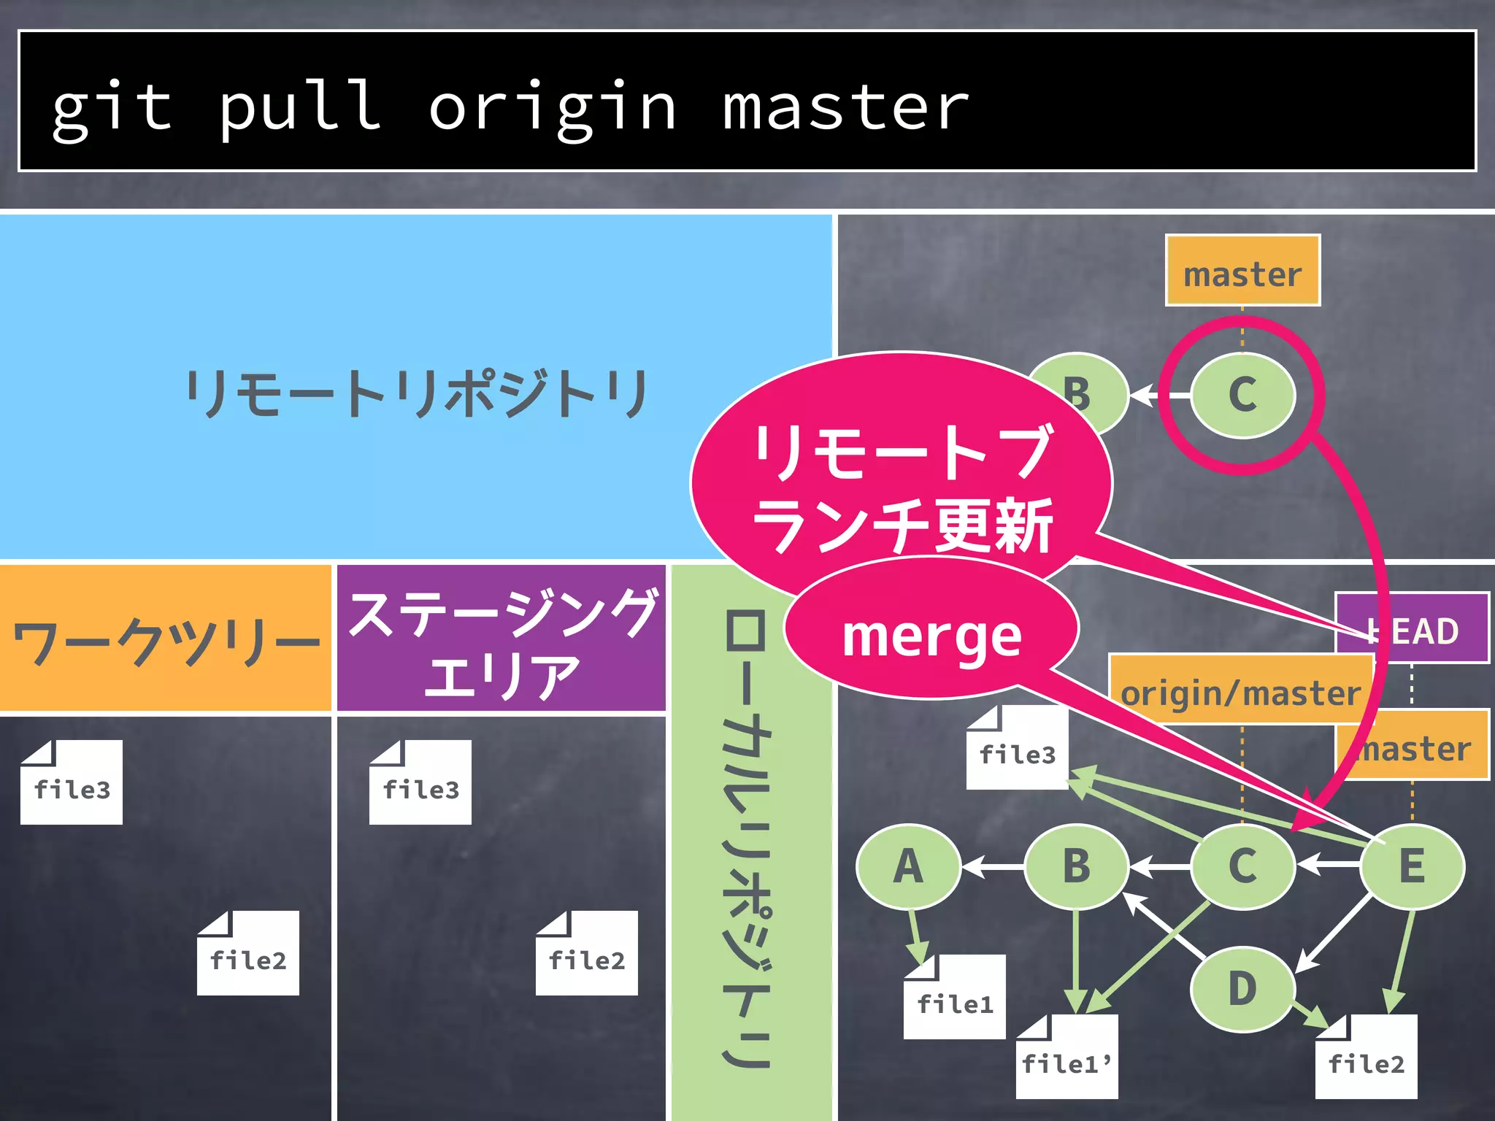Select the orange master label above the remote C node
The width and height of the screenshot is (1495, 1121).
(x=1242, y=271)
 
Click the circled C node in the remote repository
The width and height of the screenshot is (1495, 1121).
(x=1242, y=395)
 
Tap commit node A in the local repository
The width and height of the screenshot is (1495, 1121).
(x=908, y=866)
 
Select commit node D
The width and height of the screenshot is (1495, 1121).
(x=1242, y=989)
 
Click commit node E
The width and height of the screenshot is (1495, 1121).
(x=1412, y=866)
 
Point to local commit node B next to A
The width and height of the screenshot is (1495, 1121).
(x=1076, y=866)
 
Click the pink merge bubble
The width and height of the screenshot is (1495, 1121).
(x=931, y=635)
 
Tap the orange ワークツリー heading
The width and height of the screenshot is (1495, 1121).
(x=166, y=639)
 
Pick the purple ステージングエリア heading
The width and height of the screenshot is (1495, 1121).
(x=502, y=639)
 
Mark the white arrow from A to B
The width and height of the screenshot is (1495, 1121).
(x=993, y=866)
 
